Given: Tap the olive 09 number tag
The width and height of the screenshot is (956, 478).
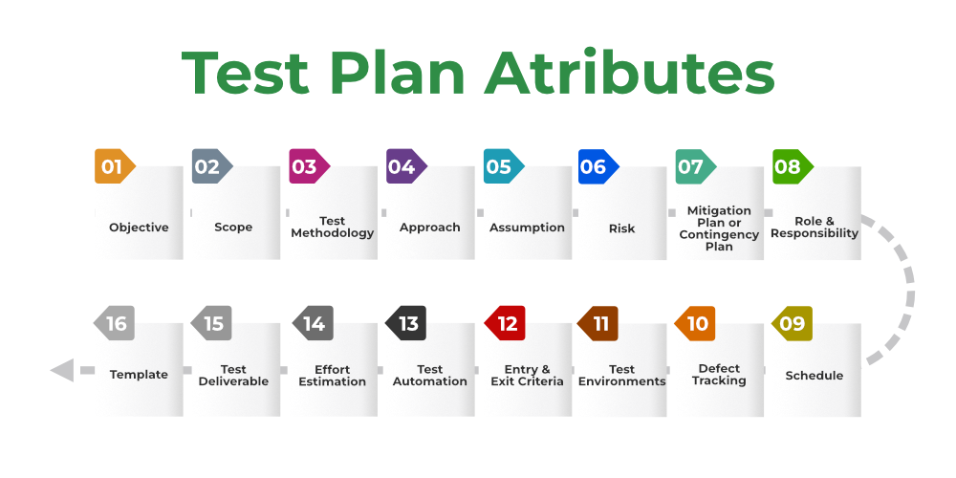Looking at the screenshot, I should pyautogui.click(x=792, y=323).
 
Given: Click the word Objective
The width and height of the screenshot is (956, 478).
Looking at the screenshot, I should pyautogui.click(x=139, y=228).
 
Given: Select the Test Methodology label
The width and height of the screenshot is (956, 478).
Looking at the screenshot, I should pyautogui.click(x=333, y=227).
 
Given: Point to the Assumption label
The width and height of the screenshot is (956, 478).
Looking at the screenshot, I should pyautogui.click(x=527, y=228).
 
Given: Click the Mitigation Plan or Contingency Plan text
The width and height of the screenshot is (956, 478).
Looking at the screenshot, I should pyautogui.click(x=719, y=228).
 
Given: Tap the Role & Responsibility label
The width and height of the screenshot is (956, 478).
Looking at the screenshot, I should pyautogui.click(x=815, y=228).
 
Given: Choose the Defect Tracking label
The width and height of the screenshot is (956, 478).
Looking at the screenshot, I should pyautogui.click(x=719, y=375).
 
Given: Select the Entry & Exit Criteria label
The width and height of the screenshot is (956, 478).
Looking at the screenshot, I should pyautogui.click(x=527, y=375).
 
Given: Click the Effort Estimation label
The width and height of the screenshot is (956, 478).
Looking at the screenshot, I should pyautogui.click(x=333, y=375).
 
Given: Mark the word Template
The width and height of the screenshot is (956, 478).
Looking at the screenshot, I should pyautogui.click(x=139, y=375).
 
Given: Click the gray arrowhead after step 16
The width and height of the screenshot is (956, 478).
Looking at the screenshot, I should pyautogui.click(x=62, y=369).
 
